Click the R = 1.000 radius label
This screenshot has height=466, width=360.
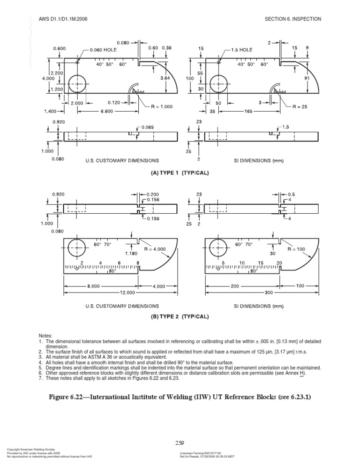coord(159,106)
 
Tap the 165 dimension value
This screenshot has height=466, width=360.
coord(247,112)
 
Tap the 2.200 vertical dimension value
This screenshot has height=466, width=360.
coord(59,74)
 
